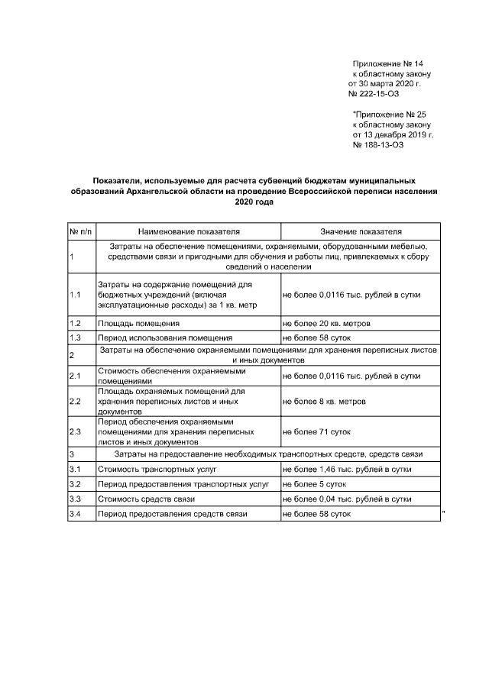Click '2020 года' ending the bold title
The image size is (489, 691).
[x=253, y=203]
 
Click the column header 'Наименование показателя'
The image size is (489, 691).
[x=189, y=231]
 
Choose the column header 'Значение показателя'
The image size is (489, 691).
[x=361, y=231]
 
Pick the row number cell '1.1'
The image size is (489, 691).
[x=76, y=294]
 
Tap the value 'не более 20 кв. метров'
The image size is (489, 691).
[x=326, y=324]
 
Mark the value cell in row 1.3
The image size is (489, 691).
[x=316, y=337]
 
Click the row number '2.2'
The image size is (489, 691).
[x=76, y=401]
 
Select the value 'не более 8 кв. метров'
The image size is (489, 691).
[x=324, y=401]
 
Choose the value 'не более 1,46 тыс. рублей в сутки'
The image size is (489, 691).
[x=351, y=469]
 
